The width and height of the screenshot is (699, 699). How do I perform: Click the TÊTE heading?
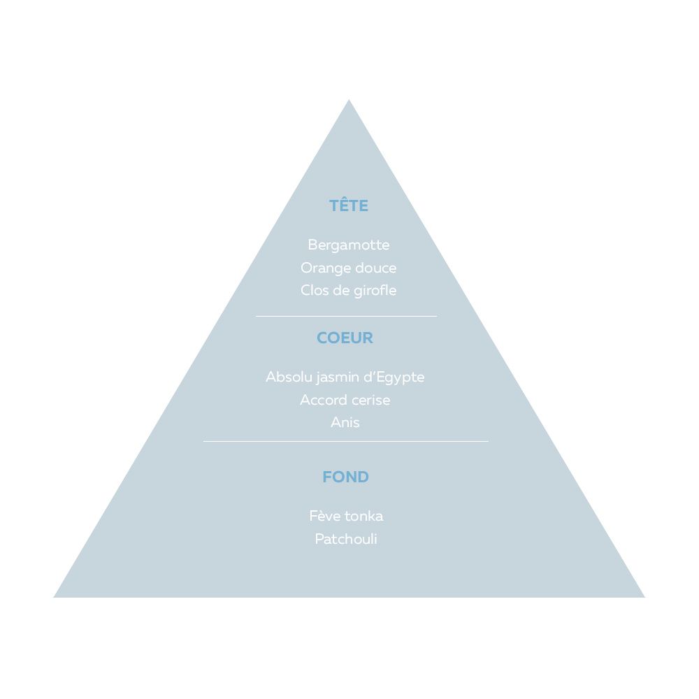coord(349,205)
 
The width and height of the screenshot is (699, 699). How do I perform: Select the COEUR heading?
coord(345,338)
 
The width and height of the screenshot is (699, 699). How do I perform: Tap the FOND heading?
coord(345,477)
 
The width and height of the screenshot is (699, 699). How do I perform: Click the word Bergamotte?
coord(349,245)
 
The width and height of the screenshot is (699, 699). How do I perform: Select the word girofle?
coord(375,291)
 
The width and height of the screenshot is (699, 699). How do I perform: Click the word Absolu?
coord(289,377)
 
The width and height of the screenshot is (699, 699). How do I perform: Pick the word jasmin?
coord(338,378)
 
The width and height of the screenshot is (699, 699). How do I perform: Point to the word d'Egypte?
coord(394,378)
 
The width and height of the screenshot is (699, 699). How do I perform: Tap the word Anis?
coord(345,422)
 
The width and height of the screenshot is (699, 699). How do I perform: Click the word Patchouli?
coord(346,539)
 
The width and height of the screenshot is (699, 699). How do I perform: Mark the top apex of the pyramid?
coord(349,99)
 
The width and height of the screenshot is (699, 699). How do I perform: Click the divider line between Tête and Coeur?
coord(347,316)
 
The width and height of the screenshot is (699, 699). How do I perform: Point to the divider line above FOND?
coord(346,441)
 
